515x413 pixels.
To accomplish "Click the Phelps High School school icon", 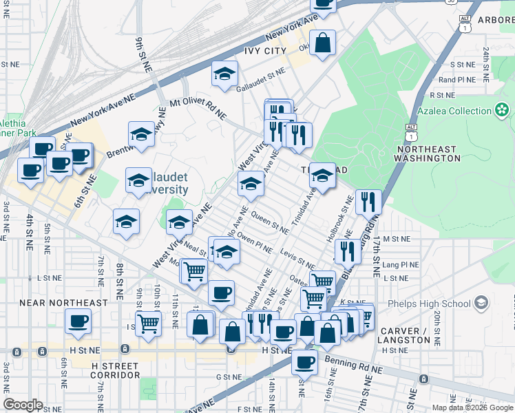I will [481, 303].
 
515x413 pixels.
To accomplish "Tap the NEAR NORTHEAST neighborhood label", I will [63, 302].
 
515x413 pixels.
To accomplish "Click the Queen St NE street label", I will [270, 223].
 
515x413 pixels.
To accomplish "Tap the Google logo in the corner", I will [23, 405].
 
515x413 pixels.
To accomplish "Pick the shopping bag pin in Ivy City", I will [322, 43].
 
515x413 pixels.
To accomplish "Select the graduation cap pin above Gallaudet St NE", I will [224, 74].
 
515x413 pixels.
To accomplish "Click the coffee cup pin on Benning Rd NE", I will [304, 361].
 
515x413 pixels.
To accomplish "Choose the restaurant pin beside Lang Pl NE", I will [348, 251].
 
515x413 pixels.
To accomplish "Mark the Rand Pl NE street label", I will [457, 80].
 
